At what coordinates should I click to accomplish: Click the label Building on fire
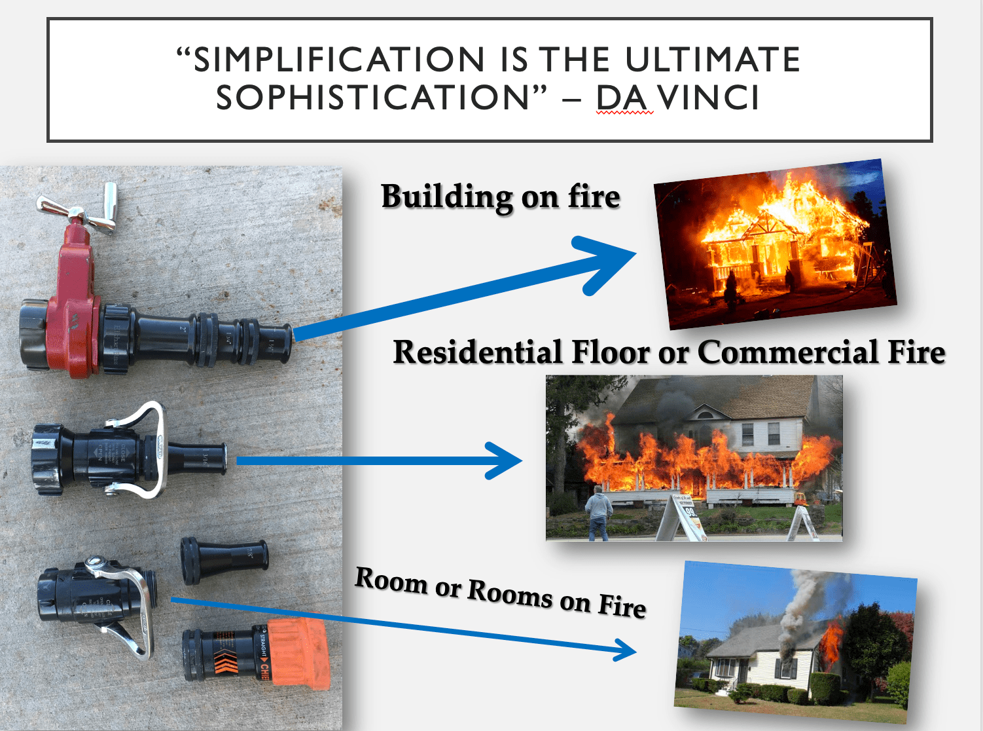click(501, 197)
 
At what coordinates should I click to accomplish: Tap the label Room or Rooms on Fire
click(501, 593)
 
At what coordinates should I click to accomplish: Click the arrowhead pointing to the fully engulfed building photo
click(605, 262)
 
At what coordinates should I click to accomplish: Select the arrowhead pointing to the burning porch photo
click(504, 460)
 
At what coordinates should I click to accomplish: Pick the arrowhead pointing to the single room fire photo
click(622, 650)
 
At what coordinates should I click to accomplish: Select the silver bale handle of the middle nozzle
click(154, 452)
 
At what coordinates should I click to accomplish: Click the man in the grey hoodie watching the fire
click(598, 514)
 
